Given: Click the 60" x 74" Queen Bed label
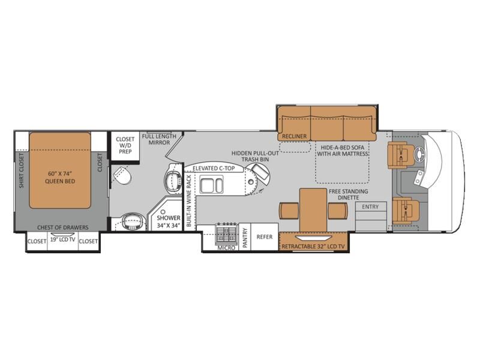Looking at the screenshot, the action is (x=60, y=177).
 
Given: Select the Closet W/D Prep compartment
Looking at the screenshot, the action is (x=125, y=146).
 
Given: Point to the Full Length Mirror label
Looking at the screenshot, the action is (x=159, y=140).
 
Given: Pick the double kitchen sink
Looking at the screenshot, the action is (x=212, y=185).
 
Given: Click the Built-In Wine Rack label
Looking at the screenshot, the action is (x=188, y=201).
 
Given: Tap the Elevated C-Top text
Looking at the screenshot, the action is (x=214, y=169).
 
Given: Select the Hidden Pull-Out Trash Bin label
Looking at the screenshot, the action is (x=255, y=156).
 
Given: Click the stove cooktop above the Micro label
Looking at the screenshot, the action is (x=227, y=233).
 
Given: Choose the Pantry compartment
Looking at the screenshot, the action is (x=245, y=238).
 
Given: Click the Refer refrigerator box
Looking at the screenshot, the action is (x=265, y=236).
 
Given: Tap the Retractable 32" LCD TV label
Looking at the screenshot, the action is (x=313, y=247).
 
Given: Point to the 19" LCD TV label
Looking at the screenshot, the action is (x=63, y=239).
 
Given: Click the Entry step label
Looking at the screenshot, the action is (x=370, y=207).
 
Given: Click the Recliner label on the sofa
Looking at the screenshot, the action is (x=294, y=137).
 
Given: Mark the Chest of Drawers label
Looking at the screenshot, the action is (x=63, y=227).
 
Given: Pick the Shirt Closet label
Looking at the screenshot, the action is (x=21, y=170).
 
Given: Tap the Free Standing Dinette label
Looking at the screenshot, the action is (x=349, y=194).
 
